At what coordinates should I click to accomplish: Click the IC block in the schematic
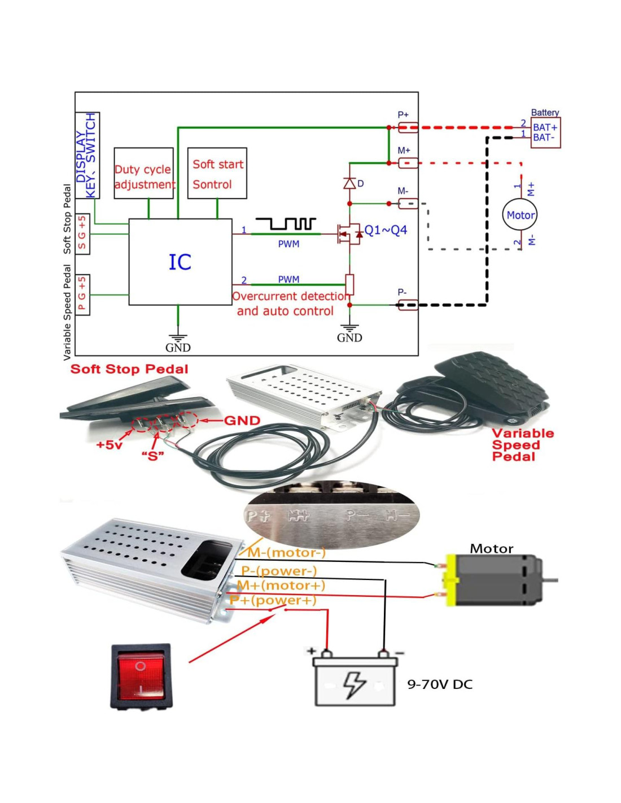coord(180,262)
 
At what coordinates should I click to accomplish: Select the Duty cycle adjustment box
coord(143,173)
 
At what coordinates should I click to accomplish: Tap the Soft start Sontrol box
coord(217,173)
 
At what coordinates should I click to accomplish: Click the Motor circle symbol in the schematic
coord(519,215)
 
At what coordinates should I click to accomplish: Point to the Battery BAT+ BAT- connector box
coord(545,133)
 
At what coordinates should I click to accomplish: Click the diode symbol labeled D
coord(350,183)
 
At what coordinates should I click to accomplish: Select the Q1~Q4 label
coord(386,230)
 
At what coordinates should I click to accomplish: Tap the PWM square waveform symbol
coord(285,224)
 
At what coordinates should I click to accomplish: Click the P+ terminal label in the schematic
coord(403,115)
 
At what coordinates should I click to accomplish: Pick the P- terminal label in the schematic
coord(402,293)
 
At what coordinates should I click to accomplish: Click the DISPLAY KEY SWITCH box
coord(88,155)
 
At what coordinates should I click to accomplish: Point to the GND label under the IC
coord(178,348)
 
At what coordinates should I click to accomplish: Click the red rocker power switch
coord(141,676)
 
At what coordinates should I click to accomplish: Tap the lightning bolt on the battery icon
coord(355,684)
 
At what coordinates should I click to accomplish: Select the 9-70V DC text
coord(440,684)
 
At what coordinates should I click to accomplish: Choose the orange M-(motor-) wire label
coord(286,553)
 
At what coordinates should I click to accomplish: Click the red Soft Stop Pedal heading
coord(129,369)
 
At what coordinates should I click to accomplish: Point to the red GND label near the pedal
coord(242,421)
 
